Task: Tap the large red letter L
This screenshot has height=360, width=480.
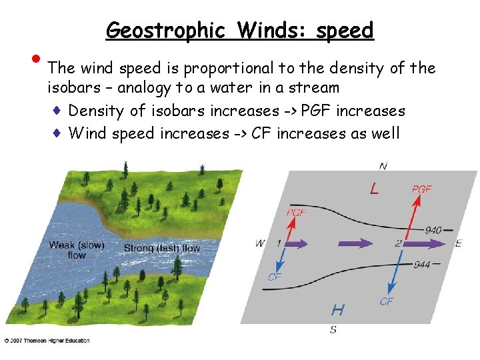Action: tap(374, 189)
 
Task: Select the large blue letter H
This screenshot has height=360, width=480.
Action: tap(338, 309)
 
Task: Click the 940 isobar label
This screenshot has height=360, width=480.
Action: tap(433, 230)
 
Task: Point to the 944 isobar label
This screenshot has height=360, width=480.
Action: tap(421, 265)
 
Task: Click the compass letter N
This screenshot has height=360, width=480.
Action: tap(383, 166)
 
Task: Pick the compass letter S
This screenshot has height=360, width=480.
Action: tap(333, 329)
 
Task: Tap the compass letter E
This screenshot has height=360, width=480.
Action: tap(458, 244)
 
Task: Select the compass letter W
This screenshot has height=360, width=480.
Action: tap(259, 243)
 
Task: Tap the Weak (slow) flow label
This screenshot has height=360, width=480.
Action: tap(77, 250)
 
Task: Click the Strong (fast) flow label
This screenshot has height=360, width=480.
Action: tap(162, 248)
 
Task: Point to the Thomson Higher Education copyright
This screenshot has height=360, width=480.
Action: tap(47, 341)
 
